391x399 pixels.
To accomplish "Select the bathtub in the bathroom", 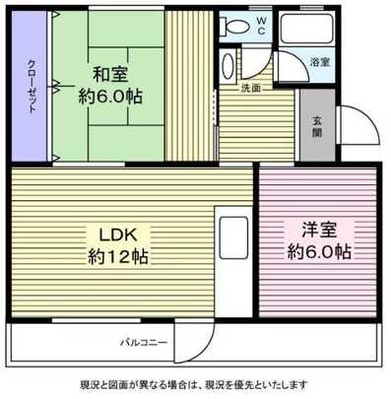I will (x=305, y=33).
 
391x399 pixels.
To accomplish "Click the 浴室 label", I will (x=320, y=62).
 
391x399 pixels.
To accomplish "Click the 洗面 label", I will (x=251, y=88).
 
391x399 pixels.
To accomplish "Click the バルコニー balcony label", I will (x=144, y=342).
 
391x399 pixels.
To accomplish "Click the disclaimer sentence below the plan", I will (x=195, y=384).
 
